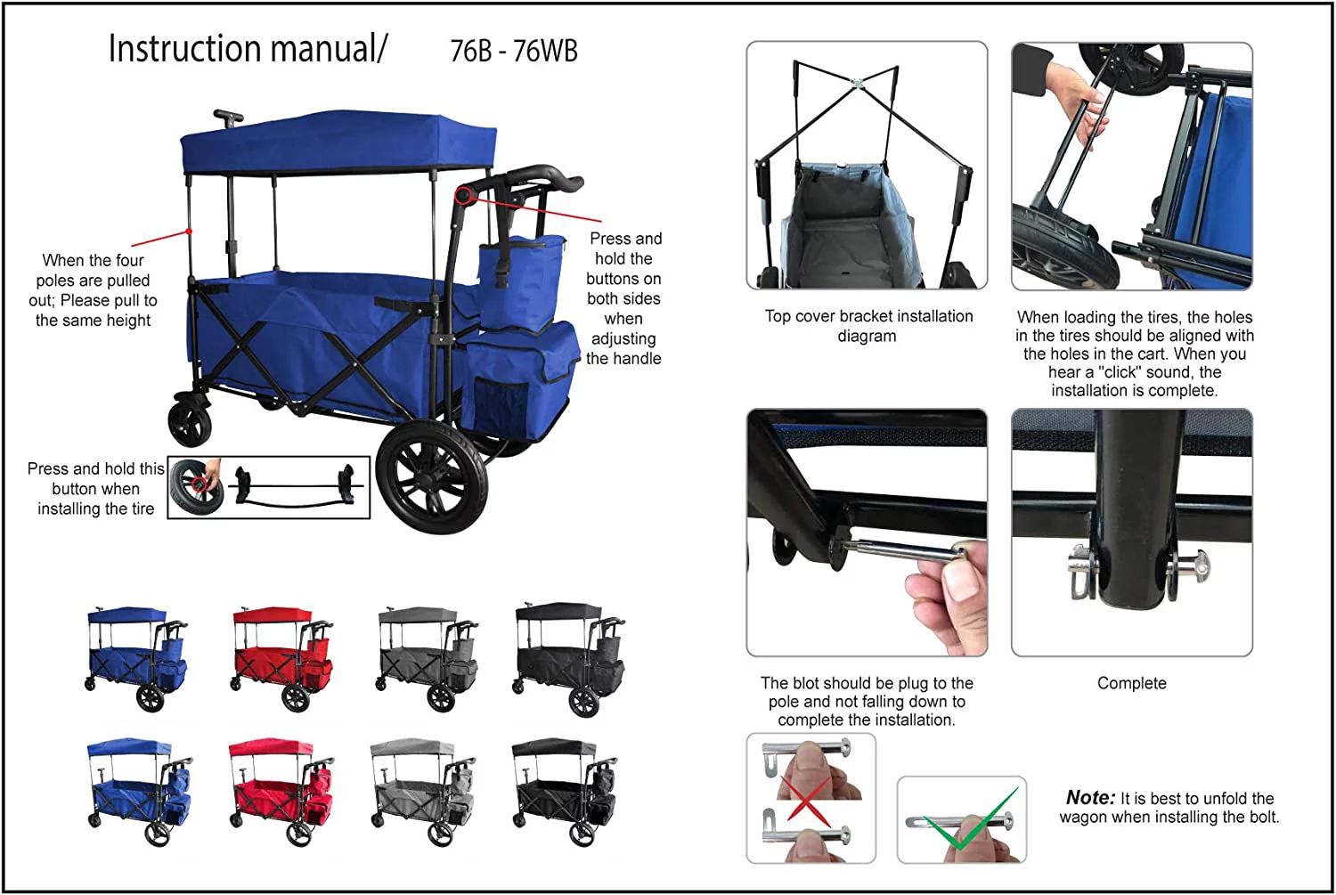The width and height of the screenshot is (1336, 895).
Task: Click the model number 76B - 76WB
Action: pos(514,52)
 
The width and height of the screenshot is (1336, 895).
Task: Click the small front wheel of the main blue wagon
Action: pos(190,423)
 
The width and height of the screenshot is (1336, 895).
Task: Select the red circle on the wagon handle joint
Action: pos(463,195)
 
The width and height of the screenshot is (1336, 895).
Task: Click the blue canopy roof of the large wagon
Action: pos(338,142)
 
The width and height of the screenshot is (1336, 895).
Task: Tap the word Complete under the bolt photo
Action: pos(1131,683)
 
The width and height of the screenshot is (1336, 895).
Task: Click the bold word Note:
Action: pos(1089,798)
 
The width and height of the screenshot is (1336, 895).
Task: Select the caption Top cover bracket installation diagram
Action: pos(868,326)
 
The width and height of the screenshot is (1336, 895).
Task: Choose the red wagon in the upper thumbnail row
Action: pos(281,657)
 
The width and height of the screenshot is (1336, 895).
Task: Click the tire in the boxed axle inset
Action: pos(193,487)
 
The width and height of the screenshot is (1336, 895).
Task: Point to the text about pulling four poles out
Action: pos(94,290)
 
